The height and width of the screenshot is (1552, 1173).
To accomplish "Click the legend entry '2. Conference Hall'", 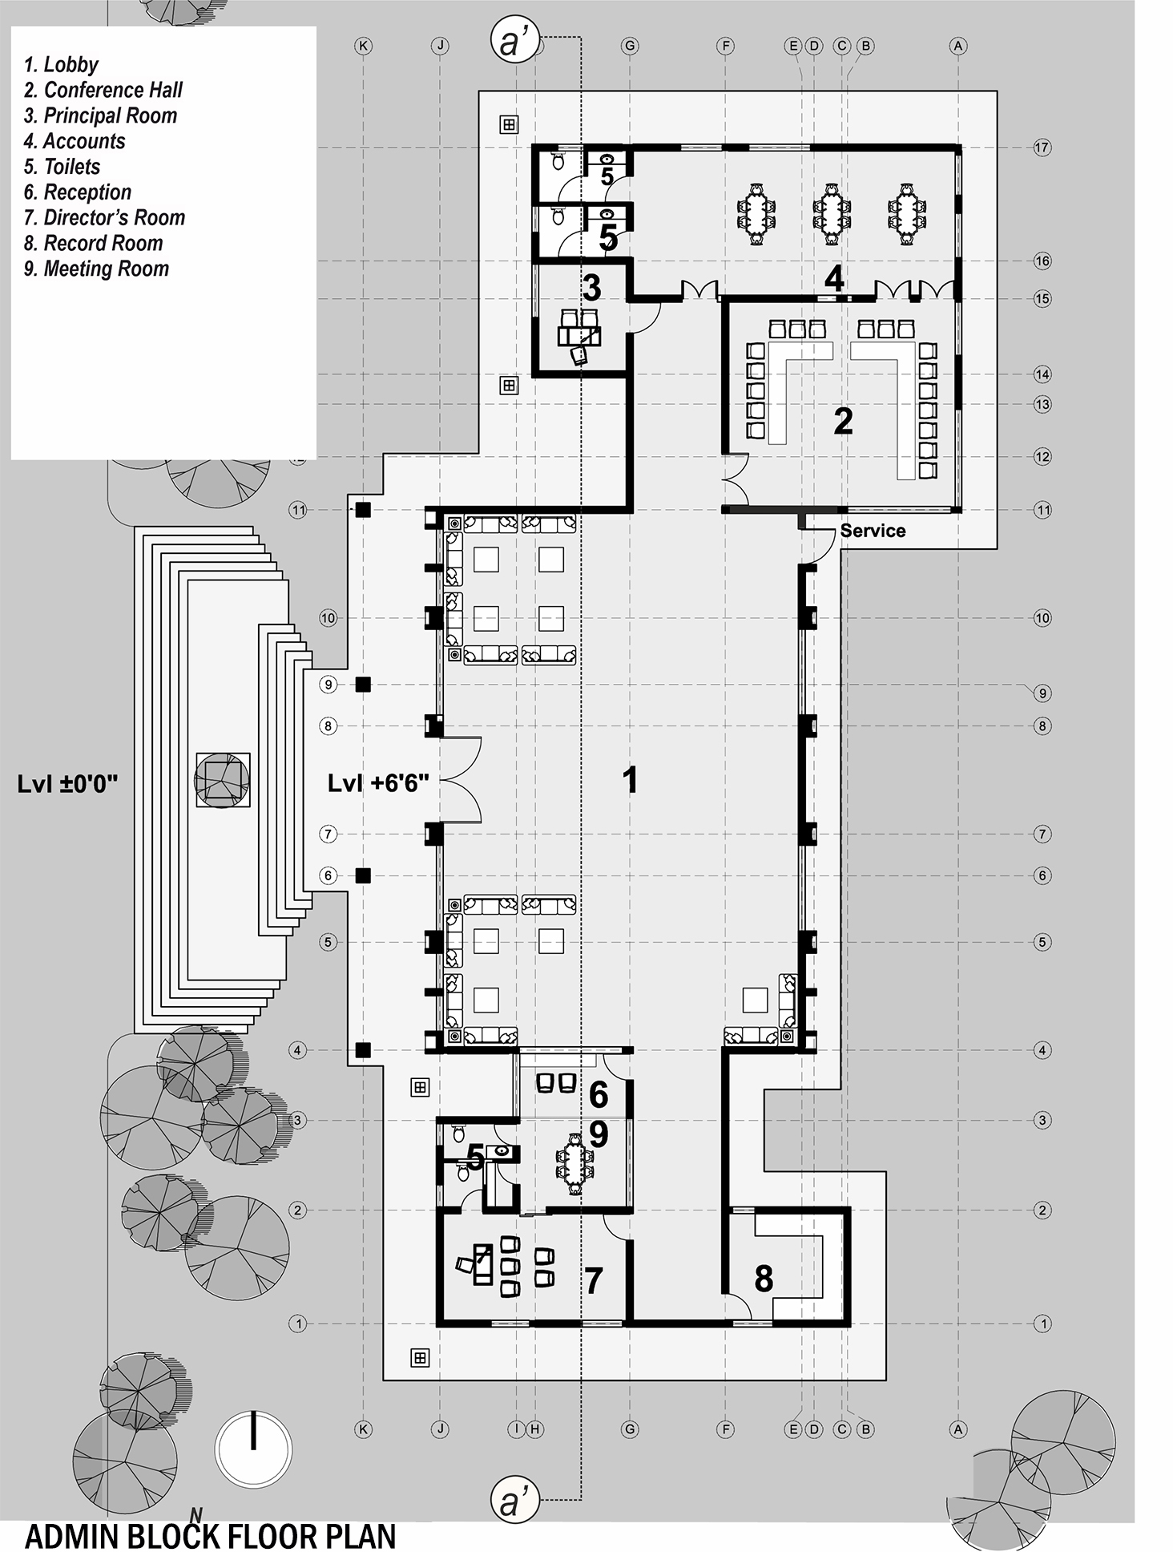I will tap(103, 90).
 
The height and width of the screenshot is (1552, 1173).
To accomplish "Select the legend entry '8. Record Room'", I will tap(93, 243).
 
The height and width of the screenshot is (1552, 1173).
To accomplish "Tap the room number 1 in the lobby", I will tap(630, 780).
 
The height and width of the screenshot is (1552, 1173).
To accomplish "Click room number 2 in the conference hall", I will tap(842, 422).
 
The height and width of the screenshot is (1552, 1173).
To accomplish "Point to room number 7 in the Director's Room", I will tap(592, 1280).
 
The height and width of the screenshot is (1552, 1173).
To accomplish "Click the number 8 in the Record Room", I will tap(763, 1279).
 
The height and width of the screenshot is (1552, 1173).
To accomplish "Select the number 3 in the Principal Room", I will tap(591, 286).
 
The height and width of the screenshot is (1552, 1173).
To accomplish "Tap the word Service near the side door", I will tap(873, 531).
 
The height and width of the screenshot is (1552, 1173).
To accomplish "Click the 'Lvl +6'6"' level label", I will tap(378, 783).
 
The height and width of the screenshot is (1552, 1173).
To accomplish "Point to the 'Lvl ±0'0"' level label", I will tap(67, 783).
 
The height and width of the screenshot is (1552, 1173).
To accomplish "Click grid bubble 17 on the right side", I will tap(1042, 148).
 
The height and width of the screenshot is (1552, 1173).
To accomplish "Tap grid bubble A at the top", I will tap(957, 46).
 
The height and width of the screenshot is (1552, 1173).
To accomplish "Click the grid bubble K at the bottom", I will tap(363, 1429).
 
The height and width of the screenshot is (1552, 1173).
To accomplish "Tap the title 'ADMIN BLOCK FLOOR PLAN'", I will tap(211, 1536).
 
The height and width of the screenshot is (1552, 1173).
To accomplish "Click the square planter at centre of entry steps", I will tap(222, 780).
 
